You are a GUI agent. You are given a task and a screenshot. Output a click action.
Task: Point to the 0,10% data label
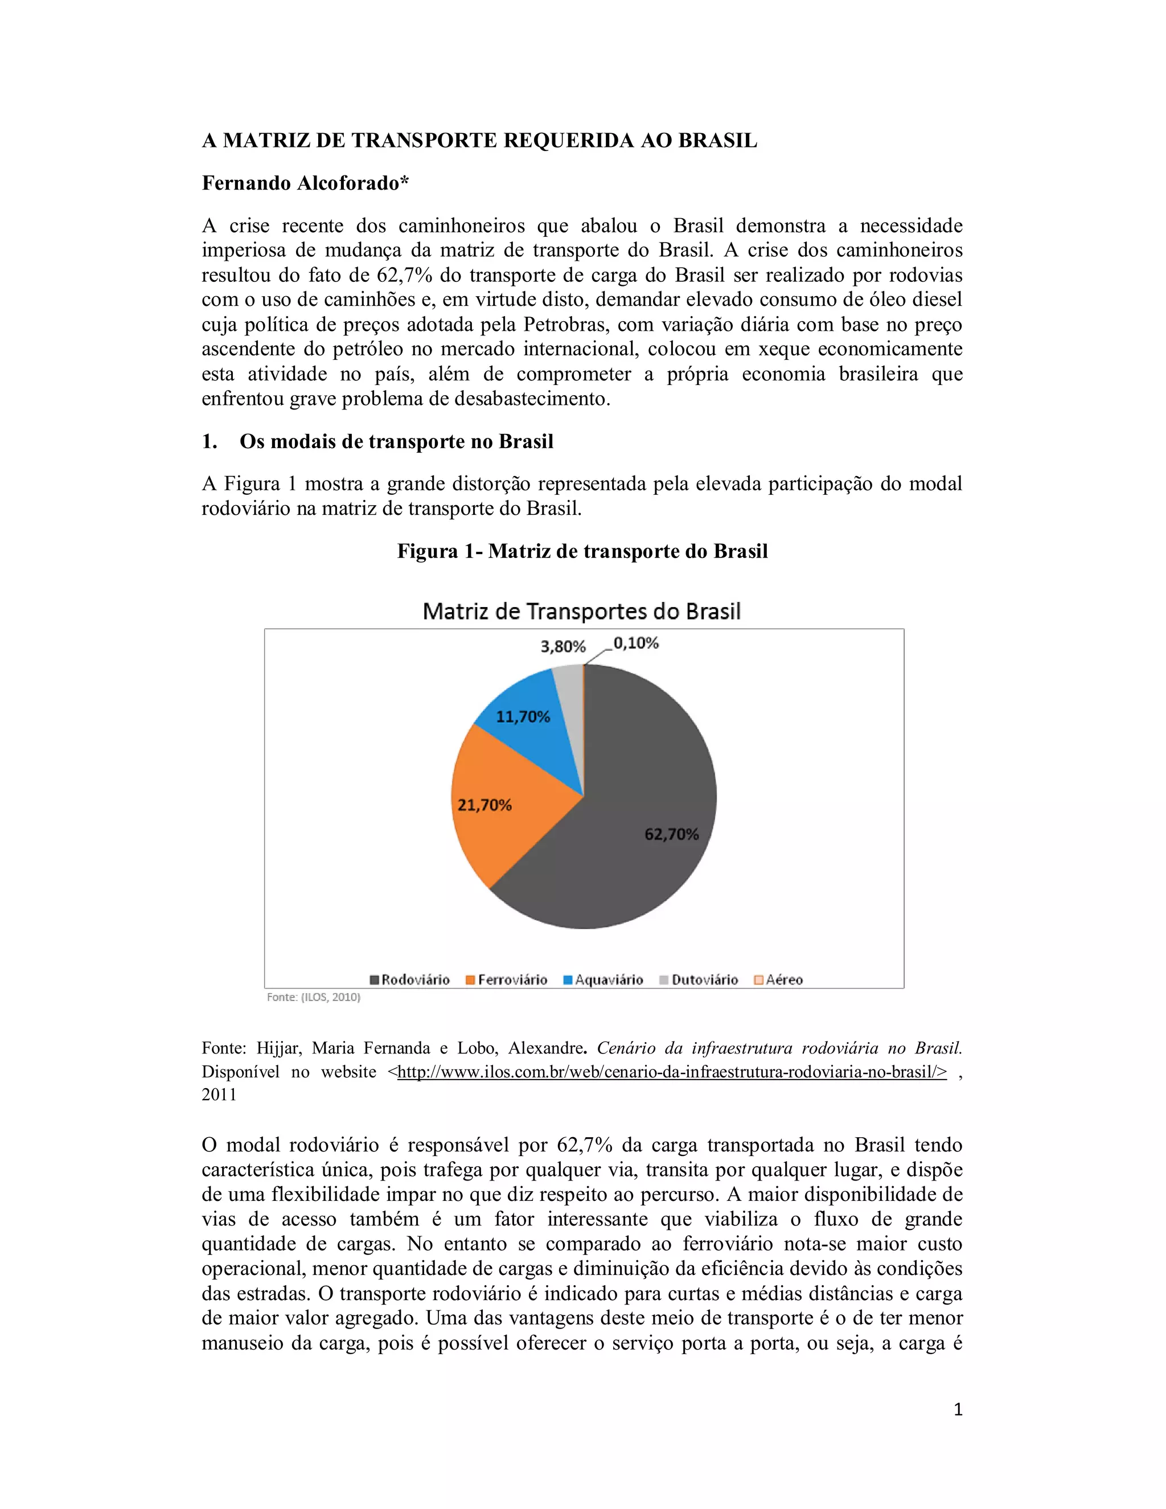[635, 643]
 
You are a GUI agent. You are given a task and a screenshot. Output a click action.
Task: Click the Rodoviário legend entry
[410, 980]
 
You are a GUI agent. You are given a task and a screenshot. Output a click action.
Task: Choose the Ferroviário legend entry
[507, 980]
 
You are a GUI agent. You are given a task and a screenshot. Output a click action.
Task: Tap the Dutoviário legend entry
[699, 980]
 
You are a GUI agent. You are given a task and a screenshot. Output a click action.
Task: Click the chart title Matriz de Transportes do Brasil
[582, 612]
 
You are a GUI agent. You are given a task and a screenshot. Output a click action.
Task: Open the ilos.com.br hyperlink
[671, 1072]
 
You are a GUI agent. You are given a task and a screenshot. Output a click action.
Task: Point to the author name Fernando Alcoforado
[305, 183]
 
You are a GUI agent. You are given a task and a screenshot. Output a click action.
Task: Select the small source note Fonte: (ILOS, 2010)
[314, 997]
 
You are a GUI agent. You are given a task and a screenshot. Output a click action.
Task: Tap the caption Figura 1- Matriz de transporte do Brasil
[582, 551]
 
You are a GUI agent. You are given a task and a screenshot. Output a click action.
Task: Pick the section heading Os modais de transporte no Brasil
[396, 441]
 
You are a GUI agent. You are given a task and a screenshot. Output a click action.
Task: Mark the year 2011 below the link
[219, 1095]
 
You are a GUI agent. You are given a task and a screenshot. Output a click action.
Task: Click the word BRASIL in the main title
[718, 141]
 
